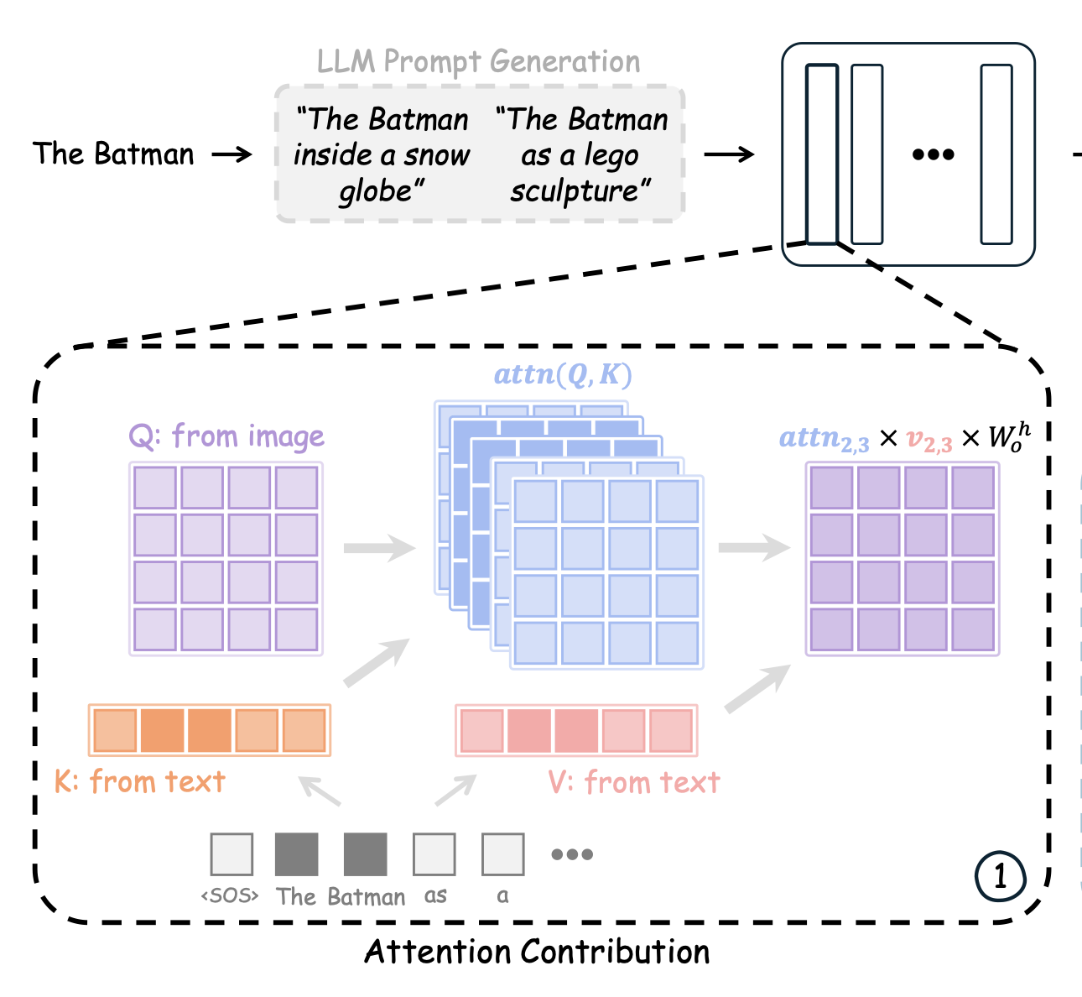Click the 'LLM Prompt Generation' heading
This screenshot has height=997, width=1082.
pos(478,62)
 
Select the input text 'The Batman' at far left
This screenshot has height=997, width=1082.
pos(113,154)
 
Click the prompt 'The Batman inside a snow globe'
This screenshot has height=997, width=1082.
pos(382,155)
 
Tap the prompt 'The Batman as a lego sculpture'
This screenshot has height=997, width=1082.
pos(581,155)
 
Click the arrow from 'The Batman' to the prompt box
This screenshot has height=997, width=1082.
pos(232,154)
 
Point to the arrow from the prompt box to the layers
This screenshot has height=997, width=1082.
pos(728,154)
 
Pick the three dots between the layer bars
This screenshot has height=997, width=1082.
pos(933,154)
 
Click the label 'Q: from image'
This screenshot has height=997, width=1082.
pos(226,436)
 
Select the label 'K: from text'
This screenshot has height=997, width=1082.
pos(140,782)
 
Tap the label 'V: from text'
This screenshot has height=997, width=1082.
pos(634,783)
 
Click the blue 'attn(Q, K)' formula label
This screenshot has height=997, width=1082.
pos(563,375)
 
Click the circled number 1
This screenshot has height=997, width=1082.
pos(1000,877)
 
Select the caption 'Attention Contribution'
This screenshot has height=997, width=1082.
pos(537,952)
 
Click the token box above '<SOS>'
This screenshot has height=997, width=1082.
pos(231,854)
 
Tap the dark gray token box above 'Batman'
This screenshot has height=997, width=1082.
pos(366,854)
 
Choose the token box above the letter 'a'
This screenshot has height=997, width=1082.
pos(503,854)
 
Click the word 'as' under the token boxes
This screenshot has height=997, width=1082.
pos(435,896)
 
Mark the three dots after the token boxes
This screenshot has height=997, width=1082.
pos(572,854)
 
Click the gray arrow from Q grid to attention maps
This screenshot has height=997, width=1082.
pos(379,549)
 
